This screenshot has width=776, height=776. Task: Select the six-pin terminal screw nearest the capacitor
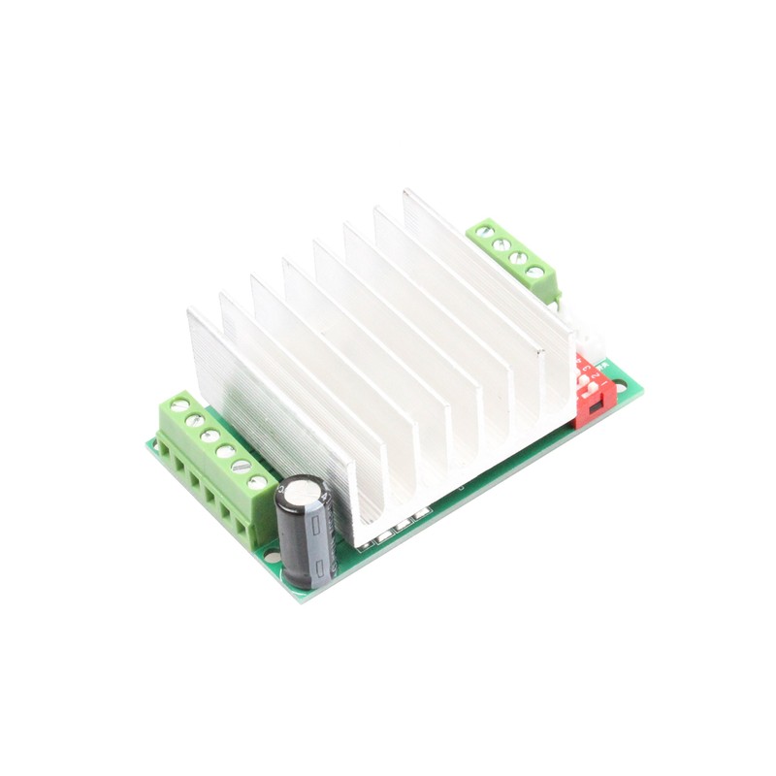pos(257,482)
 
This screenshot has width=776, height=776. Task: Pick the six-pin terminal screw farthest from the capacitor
pos(179,404)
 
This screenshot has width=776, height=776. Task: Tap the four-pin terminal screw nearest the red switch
pos(534,273)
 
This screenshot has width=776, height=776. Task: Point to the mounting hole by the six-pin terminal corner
pos(155,446)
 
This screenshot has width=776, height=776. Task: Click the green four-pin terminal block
pos(514,257)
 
